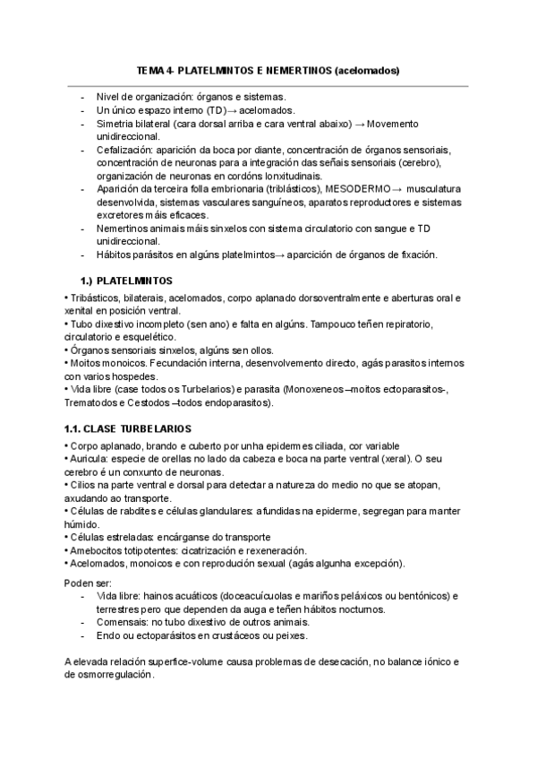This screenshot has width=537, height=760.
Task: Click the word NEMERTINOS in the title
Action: [294, 69]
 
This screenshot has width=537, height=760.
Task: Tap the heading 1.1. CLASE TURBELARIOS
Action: [126, 429]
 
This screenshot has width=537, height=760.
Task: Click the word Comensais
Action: [124, 623]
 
